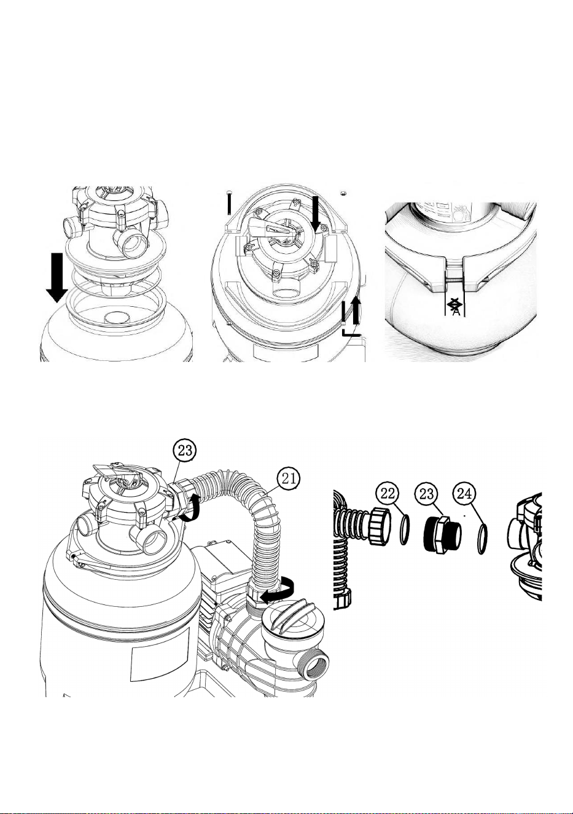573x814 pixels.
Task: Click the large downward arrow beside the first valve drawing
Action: (57, 278)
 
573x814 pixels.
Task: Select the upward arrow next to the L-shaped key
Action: (357, 310)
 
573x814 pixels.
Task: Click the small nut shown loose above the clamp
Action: (343, 192)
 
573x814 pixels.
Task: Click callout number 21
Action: (289, 478)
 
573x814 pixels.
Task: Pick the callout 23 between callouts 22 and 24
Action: (427, 494)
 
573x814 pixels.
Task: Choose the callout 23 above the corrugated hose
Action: (184, 451)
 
